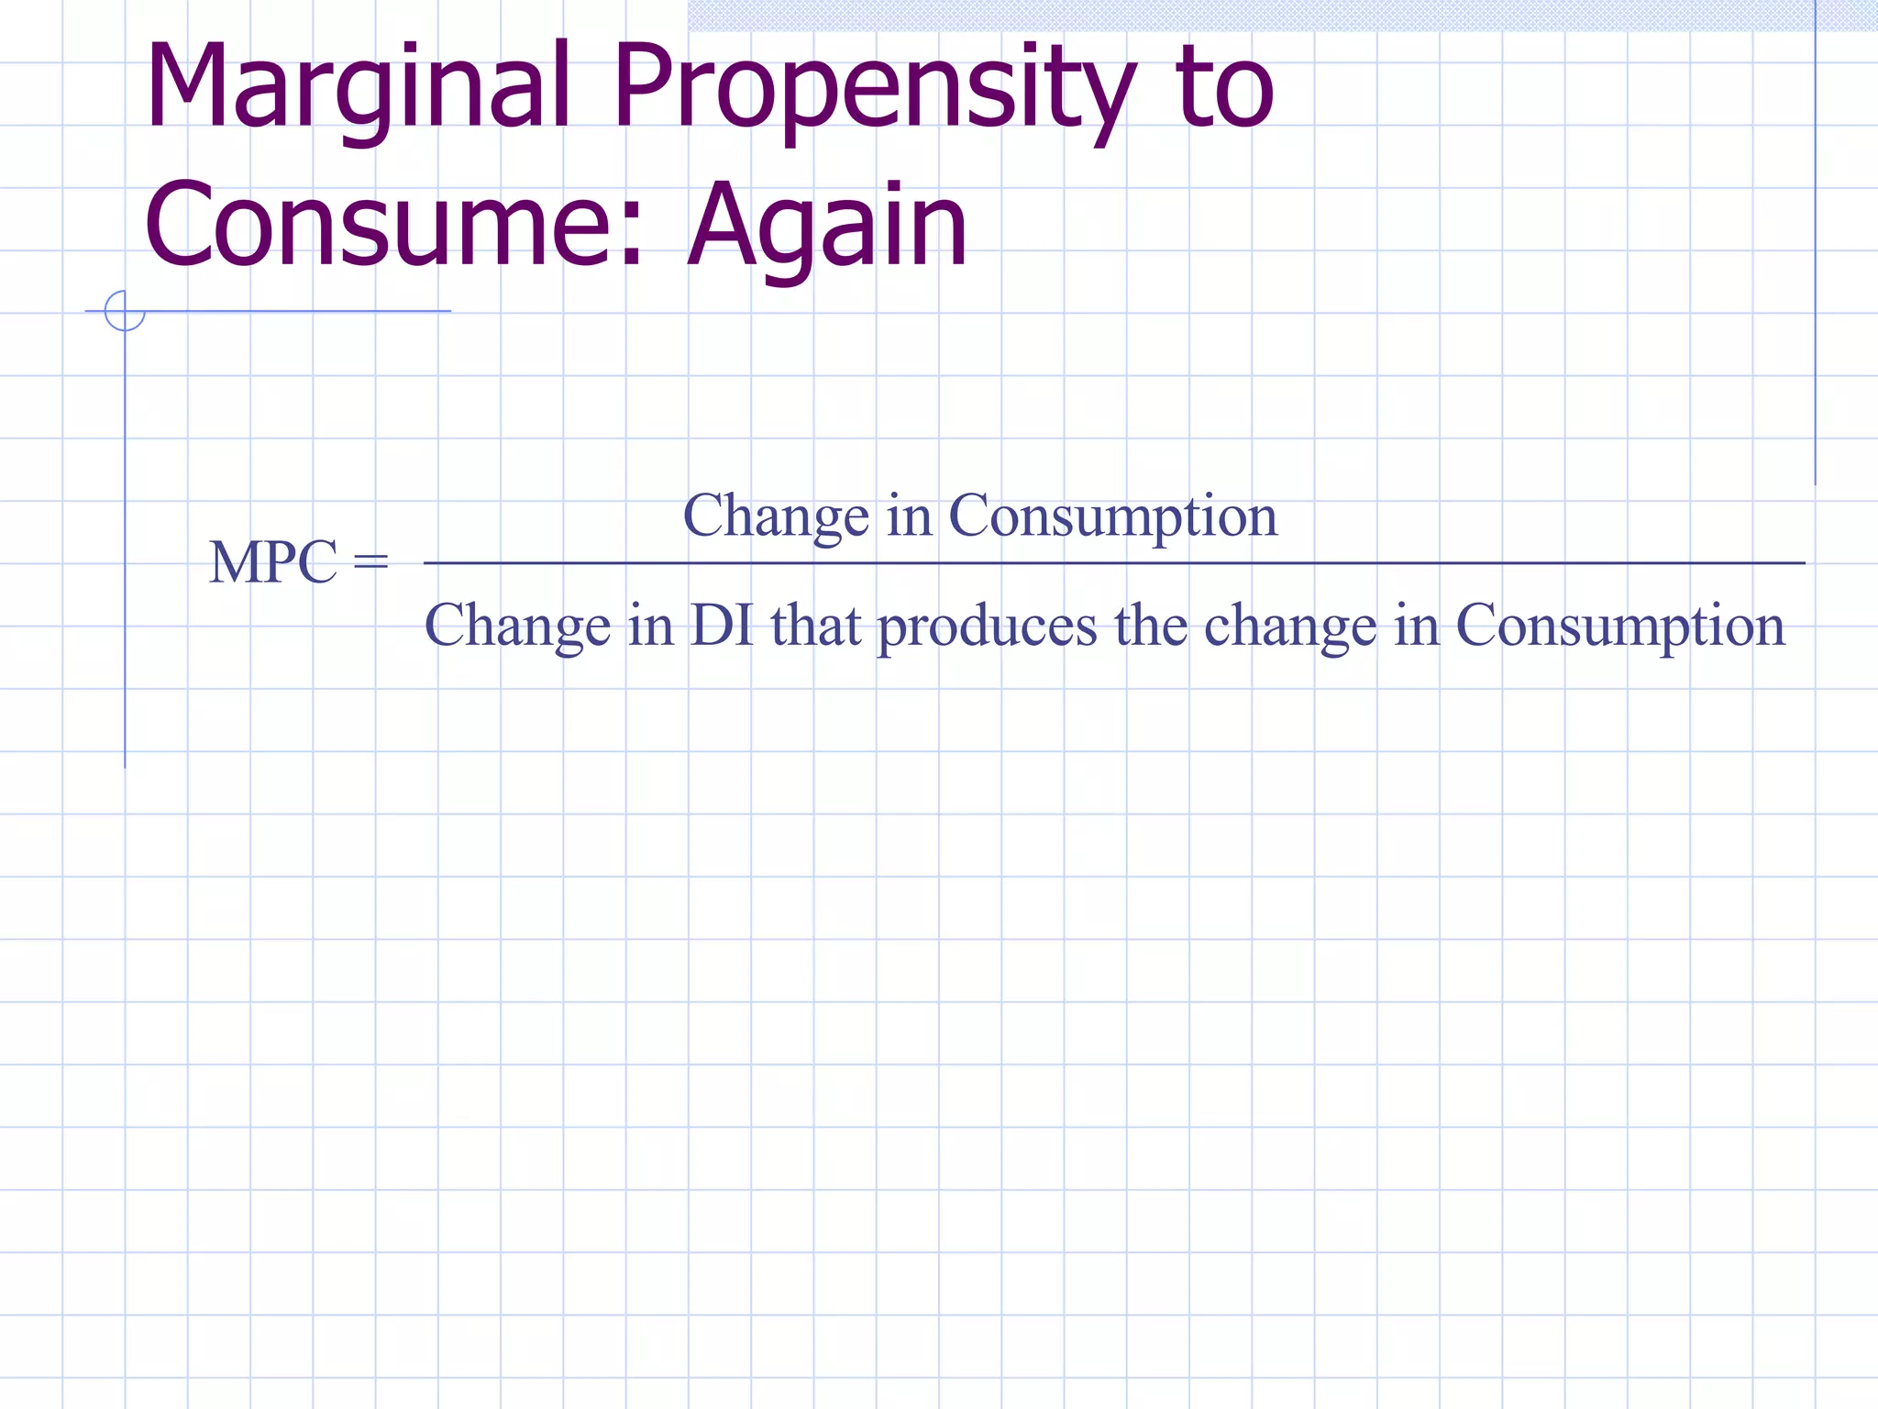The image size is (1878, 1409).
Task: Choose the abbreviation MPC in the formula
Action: click(x=273, y=561)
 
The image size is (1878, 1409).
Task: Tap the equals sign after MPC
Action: click(x=370, y=561)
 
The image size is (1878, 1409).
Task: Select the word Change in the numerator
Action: click(x=776, y=516)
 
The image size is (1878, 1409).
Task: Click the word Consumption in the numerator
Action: click(x=1112, y=516)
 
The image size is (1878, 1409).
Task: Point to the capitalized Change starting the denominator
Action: click(x=517, y=627)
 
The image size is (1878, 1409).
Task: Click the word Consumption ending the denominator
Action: click(x=1620, y=627)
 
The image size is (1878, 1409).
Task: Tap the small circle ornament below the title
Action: click(x=125, y=311)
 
